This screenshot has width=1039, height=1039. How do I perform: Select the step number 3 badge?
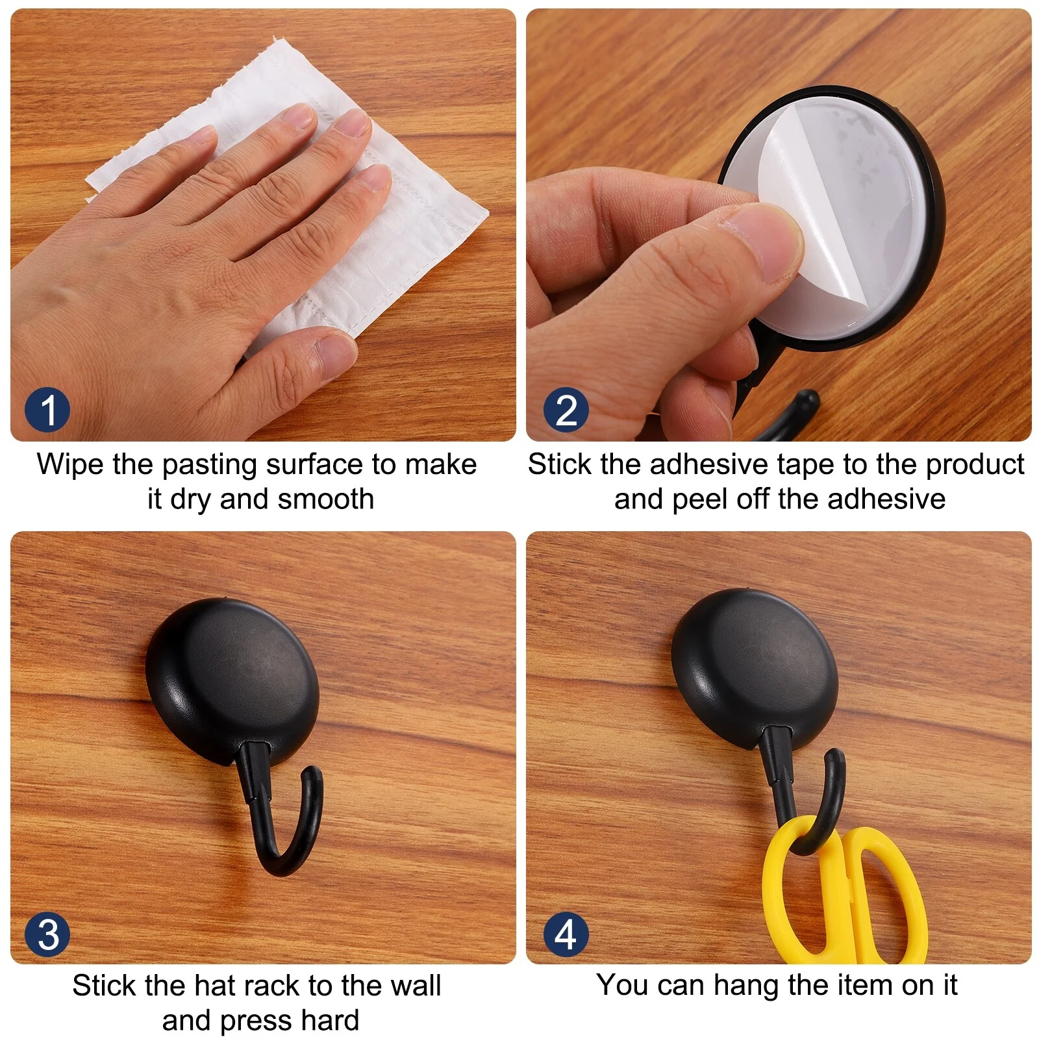pyautogui.click(x=47, y=934)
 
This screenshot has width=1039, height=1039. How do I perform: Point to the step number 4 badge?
pyautogui.click(x=566, y=934)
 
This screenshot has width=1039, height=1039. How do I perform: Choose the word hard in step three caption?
pyautogui.click(x=330, y=1020)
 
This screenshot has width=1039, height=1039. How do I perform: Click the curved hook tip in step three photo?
pyautogui.click(x=313, y=776)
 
